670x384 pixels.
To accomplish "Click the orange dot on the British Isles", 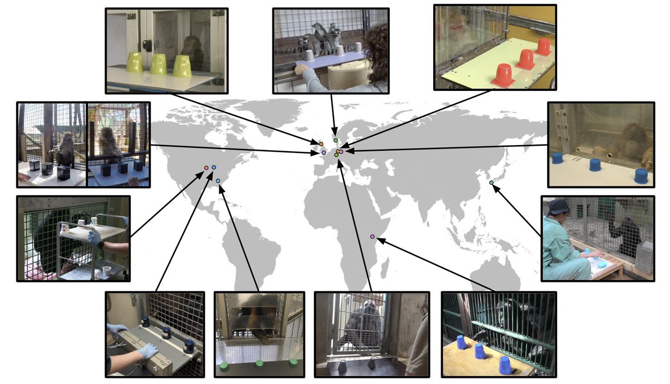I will pos(322,145).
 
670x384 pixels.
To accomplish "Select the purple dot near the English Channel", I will pos(324,152).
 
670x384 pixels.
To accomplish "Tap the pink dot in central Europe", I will pos(341,151).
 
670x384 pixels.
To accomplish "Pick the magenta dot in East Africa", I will pos(372,237).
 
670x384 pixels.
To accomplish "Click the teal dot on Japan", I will pos(491,183).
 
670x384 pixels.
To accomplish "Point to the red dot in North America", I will pos(206,167).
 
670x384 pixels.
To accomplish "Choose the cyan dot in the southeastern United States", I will pos(218,180).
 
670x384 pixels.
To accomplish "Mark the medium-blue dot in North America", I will pos(214,167).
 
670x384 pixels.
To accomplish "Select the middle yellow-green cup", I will pos(159,64).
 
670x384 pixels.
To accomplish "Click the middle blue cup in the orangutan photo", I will pos(595,165).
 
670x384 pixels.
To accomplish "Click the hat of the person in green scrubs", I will pos(558,207).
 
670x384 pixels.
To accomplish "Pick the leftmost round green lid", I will pos(224,366).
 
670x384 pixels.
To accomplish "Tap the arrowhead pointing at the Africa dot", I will pos(380,240).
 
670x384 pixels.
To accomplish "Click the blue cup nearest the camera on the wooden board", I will pos(505,366).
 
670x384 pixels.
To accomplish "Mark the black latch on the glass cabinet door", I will pos(147,45).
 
